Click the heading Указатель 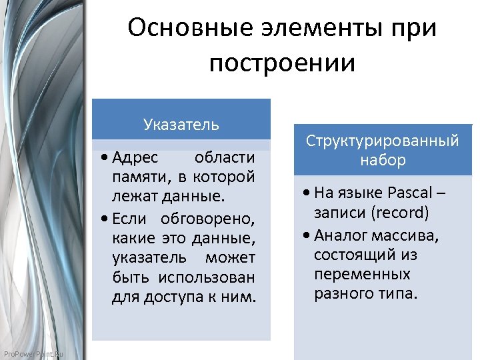(181, 124)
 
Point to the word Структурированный (382, 141)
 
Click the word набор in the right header (383, 160)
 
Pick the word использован (207, 277)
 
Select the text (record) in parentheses (401, 213)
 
